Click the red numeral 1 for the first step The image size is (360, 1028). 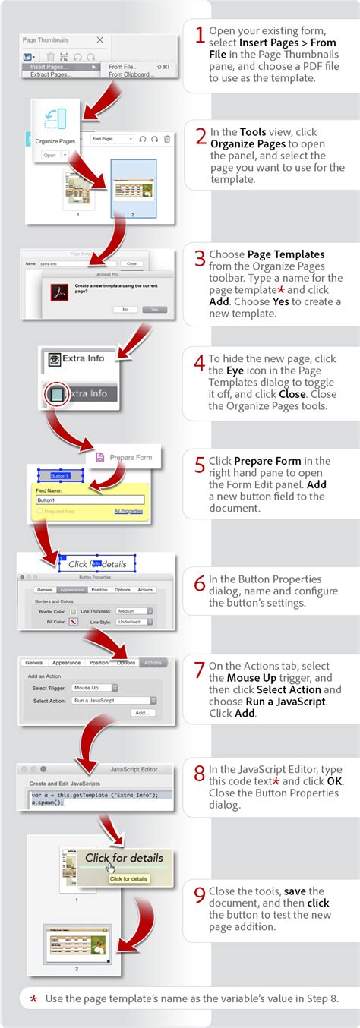200,35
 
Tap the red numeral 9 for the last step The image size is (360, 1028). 200,896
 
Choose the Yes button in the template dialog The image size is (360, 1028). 154,310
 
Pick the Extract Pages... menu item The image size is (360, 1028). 51,74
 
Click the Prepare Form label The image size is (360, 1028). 131,457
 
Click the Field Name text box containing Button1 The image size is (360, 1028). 90,500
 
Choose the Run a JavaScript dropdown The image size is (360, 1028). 115,700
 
